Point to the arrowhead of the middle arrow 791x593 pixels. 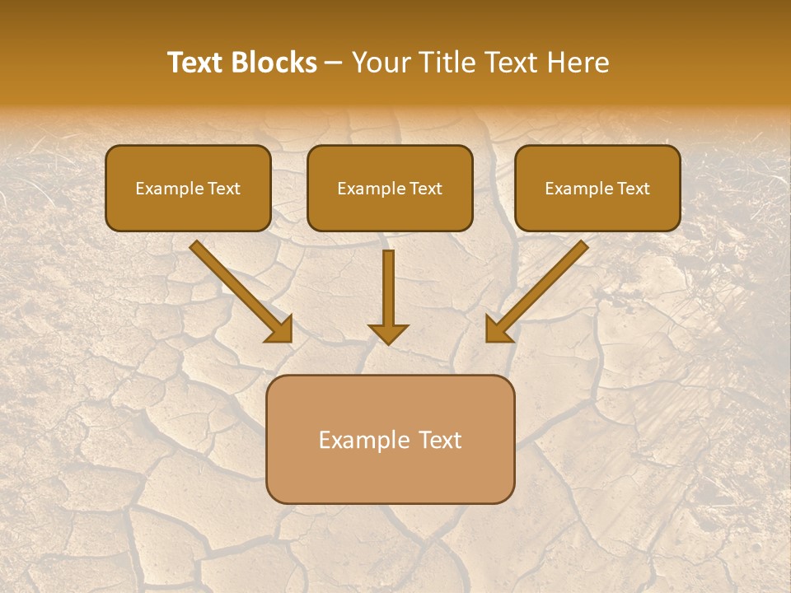click(x=388, y=334)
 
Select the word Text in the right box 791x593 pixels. click(x=633, y=189)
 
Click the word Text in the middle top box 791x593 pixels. click(x=425, y=189)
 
